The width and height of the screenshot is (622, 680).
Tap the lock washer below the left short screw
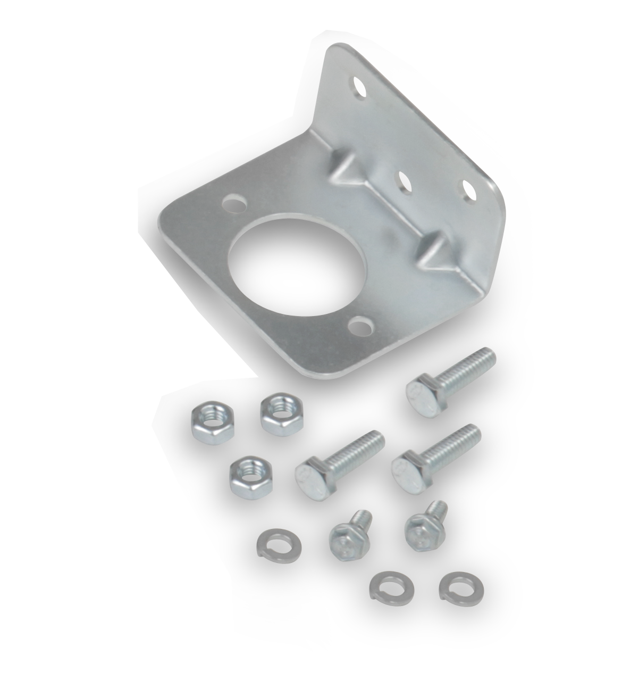(384, 585)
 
